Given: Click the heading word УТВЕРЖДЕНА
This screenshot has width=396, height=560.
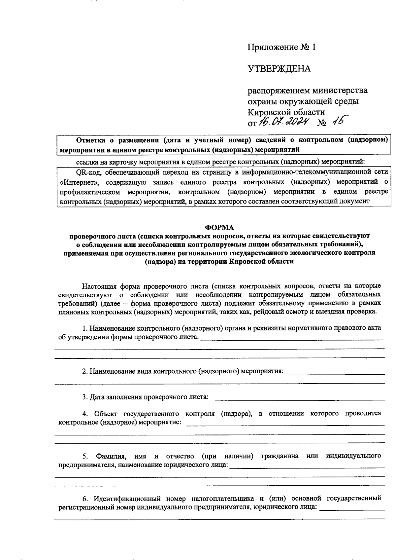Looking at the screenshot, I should (x=279, y=69).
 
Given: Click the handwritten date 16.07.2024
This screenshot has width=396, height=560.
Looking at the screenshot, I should (x=283, y=122).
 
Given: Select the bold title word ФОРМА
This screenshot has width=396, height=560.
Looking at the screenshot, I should (x=219, y=227).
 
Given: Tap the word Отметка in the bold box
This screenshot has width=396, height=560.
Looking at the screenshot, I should (x=90, y=140).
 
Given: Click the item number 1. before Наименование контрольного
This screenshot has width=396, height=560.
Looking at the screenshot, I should (x=85, y=328).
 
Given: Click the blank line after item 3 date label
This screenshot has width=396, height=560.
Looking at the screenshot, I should (x=299, y=399).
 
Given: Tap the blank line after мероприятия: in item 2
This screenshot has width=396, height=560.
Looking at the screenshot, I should (x=335, y=373).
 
